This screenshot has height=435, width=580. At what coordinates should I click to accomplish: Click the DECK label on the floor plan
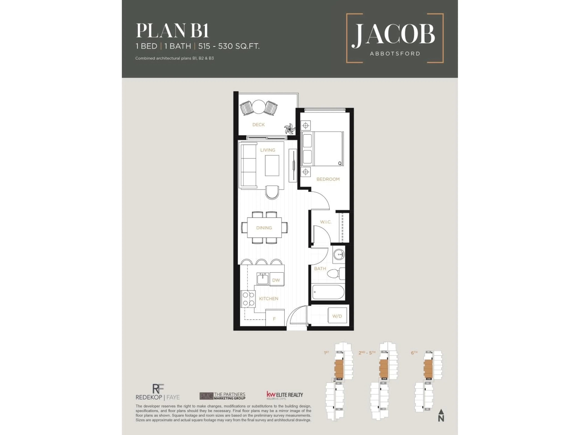(258, 125)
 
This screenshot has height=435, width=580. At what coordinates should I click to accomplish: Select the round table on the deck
(259, 107)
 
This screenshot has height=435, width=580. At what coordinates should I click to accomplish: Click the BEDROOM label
(328, 179)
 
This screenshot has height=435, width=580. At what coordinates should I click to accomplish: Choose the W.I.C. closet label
(326, 222)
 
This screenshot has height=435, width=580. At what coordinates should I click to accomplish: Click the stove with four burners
(248, 299)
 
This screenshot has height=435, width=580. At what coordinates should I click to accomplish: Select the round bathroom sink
(339, 254)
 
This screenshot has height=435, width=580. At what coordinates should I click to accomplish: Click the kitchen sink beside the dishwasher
(263, 279)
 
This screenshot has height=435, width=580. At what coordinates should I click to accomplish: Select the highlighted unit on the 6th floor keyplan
(428, 369)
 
